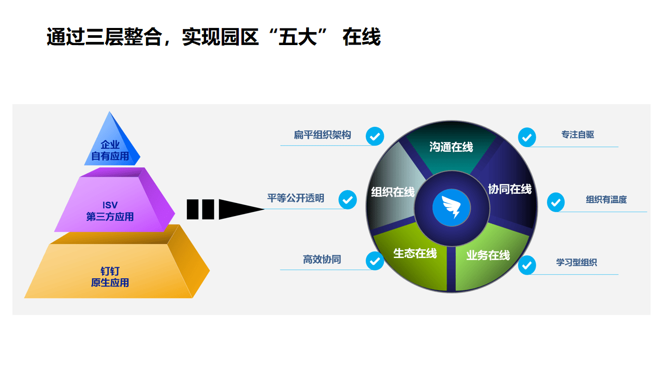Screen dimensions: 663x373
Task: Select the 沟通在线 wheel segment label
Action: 451,147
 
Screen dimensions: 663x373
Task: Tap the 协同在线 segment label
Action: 510,189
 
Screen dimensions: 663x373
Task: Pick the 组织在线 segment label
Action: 393,192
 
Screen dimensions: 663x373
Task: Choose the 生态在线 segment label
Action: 415,253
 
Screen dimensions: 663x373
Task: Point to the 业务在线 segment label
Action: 488,255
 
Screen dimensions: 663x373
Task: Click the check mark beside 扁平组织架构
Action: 375,136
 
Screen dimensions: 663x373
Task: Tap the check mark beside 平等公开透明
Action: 348,199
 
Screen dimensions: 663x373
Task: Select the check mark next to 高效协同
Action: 375,261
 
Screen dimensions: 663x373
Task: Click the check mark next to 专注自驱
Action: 527,137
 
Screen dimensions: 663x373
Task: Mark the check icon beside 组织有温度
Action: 556,202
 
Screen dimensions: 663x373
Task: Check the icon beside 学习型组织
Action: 527,265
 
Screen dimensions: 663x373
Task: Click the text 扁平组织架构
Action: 322,135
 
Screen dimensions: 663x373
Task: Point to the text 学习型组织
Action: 576,263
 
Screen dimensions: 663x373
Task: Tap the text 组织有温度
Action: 606,200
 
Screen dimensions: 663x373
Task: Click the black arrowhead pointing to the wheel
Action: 240,209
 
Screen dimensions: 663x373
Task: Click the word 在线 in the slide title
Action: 362,37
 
